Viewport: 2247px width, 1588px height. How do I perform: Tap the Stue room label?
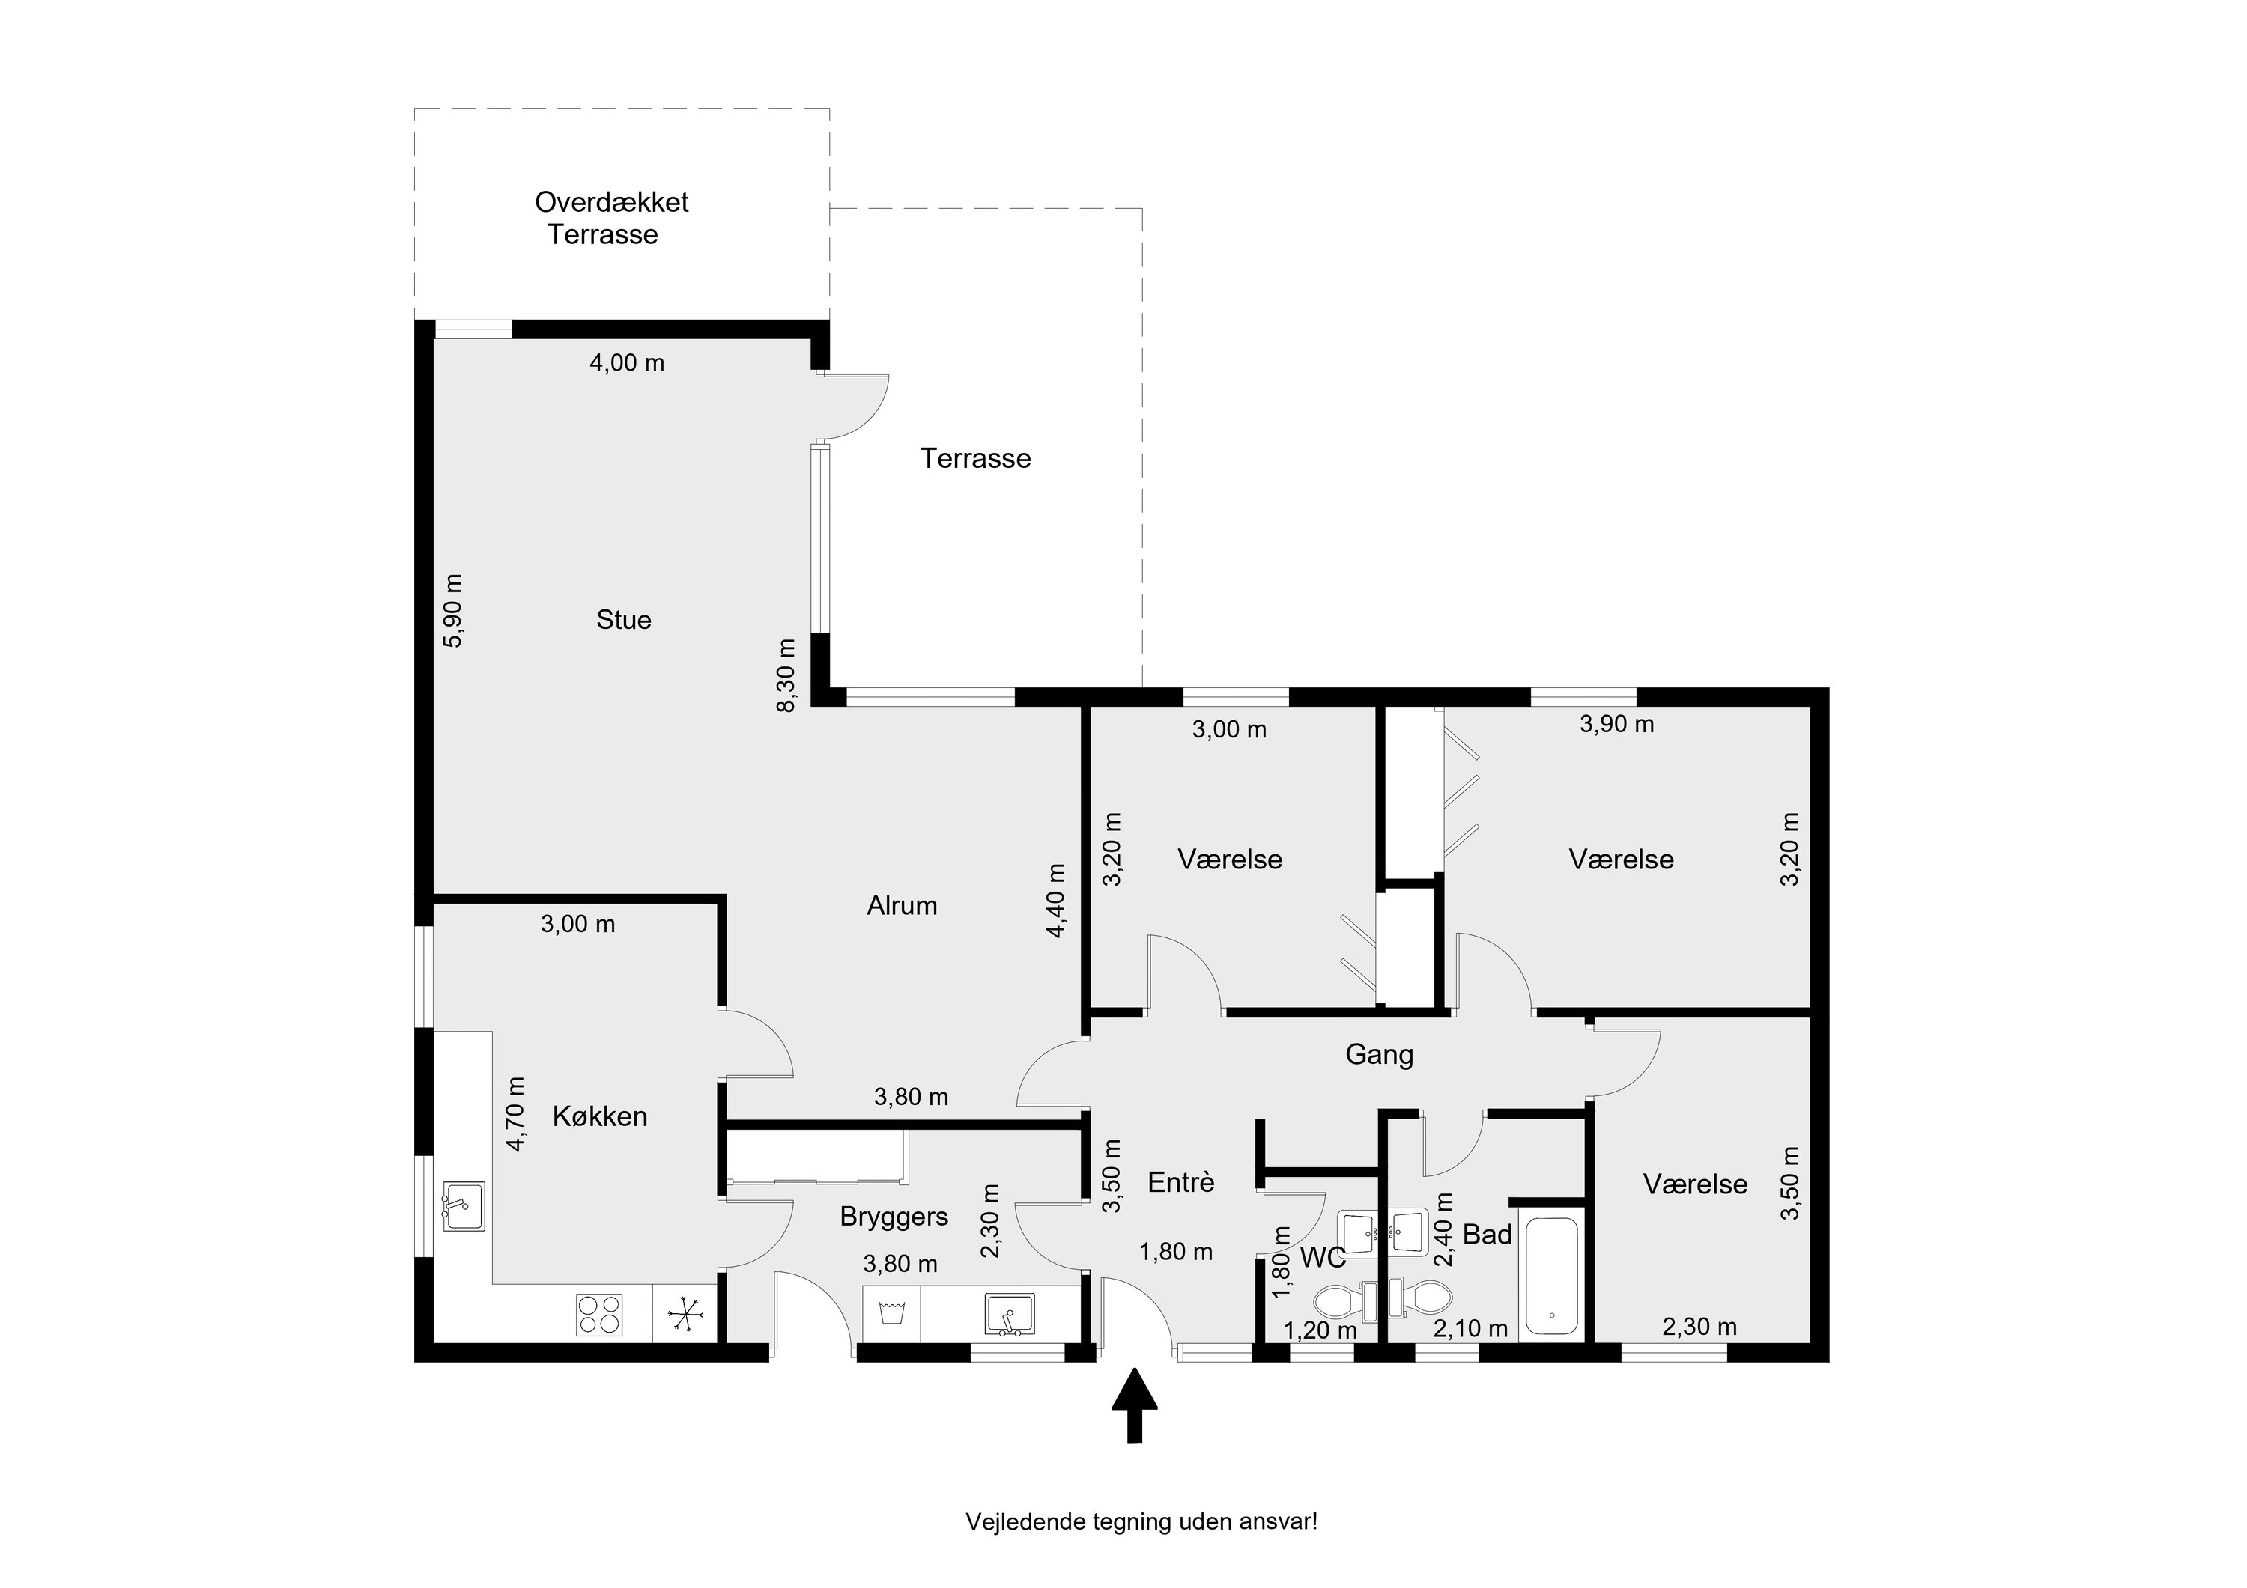tap(623, 619)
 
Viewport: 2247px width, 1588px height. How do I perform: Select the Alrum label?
tap(901, 905)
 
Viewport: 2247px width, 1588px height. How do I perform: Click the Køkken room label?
tap(600, 1116)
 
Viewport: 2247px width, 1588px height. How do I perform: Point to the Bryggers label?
tap(894, 1217)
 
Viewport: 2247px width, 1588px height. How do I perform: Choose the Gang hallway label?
tap(1379, 1055)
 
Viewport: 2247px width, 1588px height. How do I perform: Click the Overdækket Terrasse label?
tap(612, 218)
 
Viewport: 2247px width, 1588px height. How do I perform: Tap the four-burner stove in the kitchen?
tap(600, 1314)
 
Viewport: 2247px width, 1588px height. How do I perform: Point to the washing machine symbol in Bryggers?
tap(891, 1312)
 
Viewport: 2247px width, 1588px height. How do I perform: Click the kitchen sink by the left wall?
tap(463, 1206)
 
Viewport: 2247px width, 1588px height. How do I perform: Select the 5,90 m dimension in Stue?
tap(453, 610)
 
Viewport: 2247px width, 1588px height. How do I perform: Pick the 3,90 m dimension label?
tap(1617, 724)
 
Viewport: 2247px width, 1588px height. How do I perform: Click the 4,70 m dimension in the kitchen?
tap(516, 1113)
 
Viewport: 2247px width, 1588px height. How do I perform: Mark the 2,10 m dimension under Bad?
tap(1471, 1329)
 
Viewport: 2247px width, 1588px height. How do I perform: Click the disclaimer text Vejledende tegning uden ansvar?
tap(1141, 1521)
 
